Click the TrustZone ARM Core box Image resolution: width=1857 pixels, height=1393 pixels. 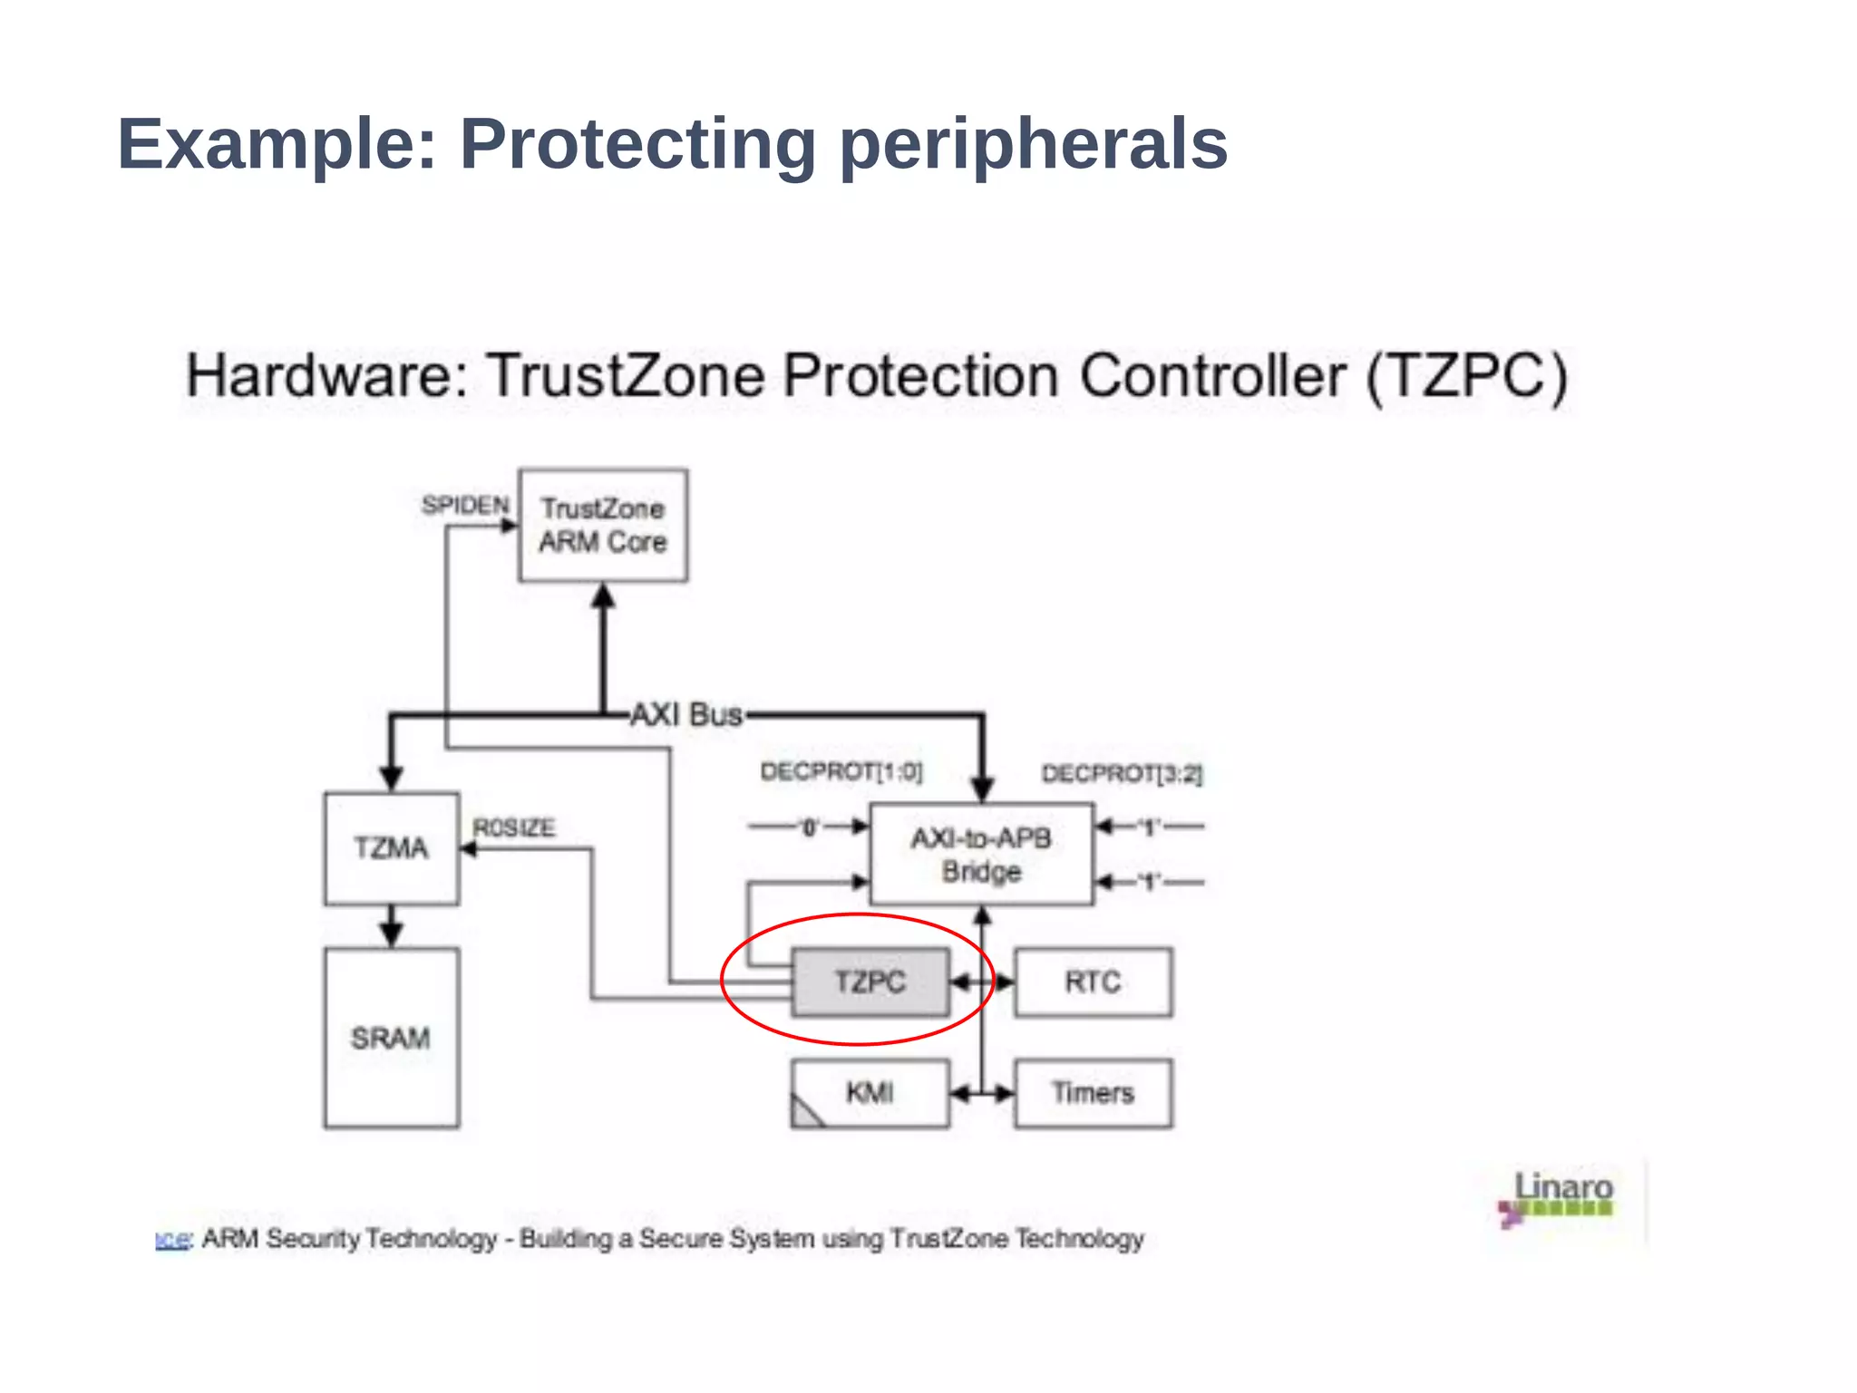tap(602, 525)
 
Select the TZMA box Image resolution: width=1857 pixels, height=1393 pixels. tap(391, 848)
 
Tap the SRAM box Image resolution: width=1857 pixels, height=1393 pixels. tap(391, 1038)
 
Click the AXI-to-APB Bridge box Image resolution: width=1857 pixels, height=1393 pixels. tap(980, 854)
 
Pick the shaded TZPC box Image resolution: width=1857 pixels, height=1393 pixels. tap(870, 982)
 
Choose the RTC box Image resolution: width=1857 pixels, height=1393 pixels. tap(1093, 982)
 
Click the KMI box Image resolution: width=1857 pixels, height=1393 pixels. tap(870, 1093)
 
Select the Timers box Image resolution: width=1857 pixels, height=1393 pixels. tap(1093, 1093)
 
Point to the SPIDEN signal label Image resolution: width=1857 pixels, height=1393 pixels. tap(465, 505)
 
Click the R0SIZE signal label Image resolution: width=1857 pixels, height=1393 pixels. tap(514, 827)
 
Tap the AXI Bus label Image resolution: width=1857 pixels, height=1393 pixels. tap(686, 714)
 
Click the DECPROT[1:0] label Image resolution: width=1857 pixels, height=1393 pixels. tap(841, 772)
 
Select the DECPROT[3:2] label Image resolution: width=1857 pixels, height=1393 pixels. tap(1122, 774)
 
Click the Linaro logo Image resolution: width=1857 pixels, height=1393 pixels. tap(1560, 1196)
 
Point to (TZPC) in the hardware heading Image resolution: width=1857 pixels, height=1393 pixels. tap(1466, 375)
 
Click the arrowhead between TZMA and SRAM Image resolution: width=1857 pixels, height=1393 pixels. tap(391, 934)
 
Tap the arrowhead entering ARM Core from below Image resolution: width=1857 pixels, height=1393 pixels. tap(603, 596)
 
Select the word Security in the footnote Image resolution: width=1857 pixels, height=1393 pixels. tap(313, 1238)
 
